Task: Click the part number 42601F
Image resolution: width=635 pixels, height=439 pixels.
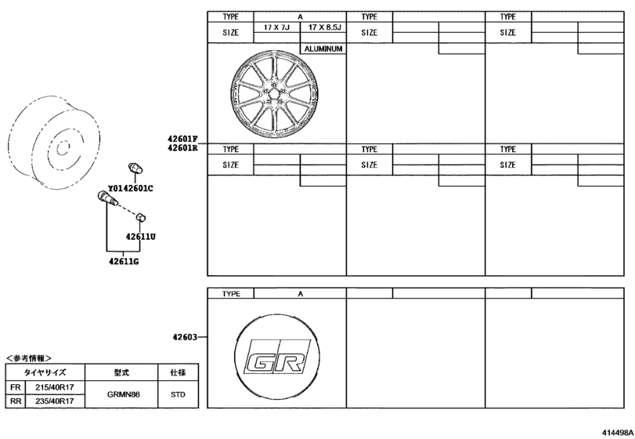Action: (182, 139)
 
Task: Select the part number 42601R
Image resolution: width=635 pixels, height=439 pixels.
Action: (182, 147)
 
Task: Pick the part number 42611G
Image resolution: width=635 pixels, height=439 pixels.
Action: (122, 260)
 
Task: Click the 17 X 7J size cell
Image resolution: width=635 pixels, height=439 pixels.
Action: (276, 27)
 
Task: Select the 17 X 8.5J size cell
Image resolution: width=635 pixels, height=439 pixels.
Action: (323, 27)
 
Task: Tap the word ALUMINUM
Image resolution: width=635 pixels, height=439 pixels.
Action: (323, 49)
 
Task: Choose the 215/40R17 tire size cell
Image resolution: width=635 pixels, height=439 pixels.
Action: (49, 387)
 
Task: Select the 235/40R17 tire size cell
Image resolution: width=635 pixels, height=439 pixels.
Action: (49, 401)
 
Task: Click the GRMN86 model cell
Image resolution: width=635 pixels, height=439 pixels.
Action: (123, 394)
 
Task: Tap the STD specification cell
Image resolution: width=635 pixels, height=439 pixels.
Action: (178, 394)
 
